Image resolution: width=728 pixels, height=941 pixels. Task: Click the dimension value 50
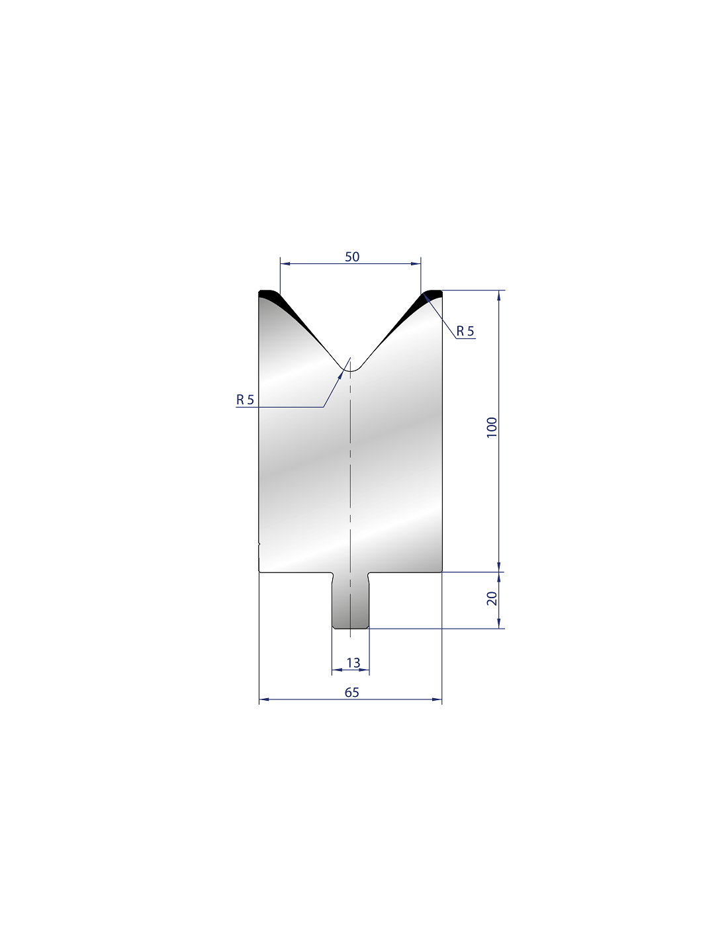point(351,257)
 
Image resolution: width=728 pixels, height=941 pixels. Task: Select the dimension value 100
point(492,427)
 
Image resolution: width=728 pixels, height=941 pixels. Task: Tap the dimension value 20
point(492,598)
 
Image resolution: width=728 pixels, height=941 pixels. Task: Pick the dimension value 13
point(353,663)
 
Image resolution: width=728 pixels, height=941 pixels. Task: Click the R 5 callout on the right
point(465,332)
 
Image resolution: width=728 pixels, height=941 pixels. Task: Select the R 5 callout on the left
point(245,400)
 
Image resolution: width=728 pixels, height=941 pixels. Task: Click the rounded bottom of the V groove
point(350,371)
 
